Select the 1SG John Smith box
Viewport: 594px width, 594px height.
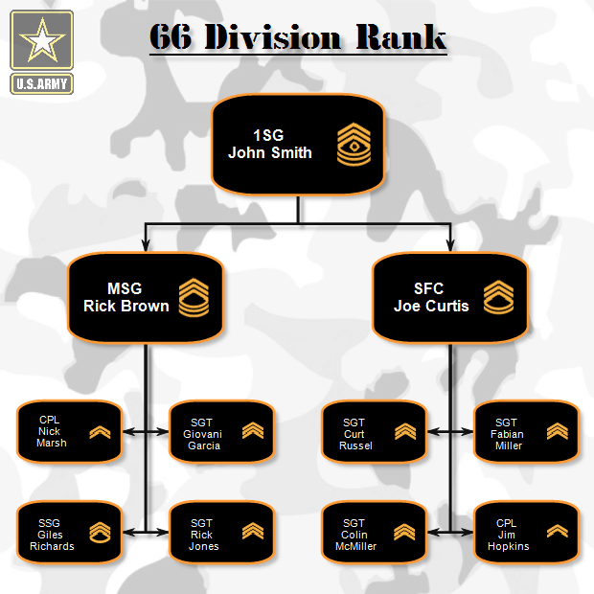(x=297, y=144)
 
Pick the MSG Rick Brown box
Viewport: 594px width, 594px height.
(x=146, y=298)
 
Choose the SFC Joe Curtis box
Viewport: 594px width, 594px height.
(x=450, y=298)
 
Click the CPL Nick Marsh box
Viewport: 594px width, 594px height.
(x=70, y=432)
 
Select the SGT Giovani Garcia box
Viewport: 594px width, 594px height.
(x=222, y=432)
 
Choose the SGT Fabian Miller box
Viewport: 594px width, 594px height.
(x=526, y=432)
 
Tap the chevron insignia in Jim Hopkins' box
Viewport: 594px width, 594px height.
(x=557, y=531)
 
